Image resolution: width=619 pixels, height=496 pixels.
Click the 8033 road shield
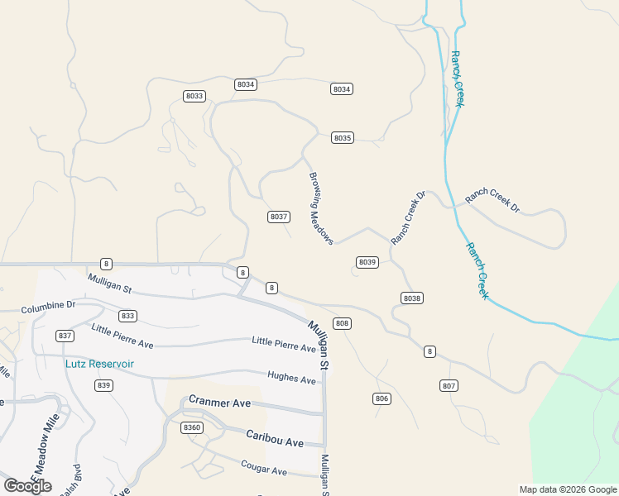(x=194, y=97)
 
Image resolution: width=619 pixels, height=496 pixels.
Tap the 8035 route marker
(x=343, y=138)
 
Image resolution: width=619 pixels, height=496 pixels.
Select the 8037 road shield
(x=279, y=217)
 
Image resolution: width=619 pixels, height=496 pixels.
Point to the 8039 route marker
(x=367, y=262)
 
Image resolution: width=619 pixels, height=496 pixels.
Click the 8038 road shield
(x=412, y=298)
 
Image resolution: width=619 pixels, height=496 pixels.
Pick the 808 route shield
(x=343, y=323)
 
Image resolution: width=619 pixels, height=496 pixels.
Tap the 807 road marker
(x=449, y=386)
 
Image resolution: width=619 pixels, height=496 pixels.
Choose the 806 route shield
(x=381, y=399)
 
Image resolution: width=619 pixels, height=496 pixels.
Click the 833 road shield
(x=127, y=316)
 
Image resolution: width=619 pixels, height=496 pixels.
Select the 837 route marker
(x=65, y=336)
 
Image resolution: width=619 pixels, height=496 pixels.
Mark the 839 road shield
(x=103, y=386)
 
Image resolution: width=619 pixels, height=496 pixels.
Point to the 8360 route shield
(x=192, y=427)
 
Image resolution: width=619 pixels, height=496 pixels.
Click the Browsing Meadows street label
(x=321, y=208)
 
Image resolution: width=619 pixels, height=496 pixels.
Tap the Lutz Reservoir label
(x=99, y=364)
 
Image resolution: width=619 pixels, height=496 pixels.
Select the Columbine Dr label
(x=48, y=305)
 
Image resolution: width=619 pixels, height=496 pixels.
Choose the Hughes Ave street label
(x=291, y=378)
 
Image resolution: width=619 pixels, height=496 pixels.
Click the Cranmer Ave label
(x=219, y=401)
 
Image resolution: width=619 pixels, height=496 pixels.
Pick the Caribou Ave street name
(x=274, y=437)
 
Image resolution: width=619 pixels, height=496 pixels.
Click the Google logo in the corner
(x=27, y=486)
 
